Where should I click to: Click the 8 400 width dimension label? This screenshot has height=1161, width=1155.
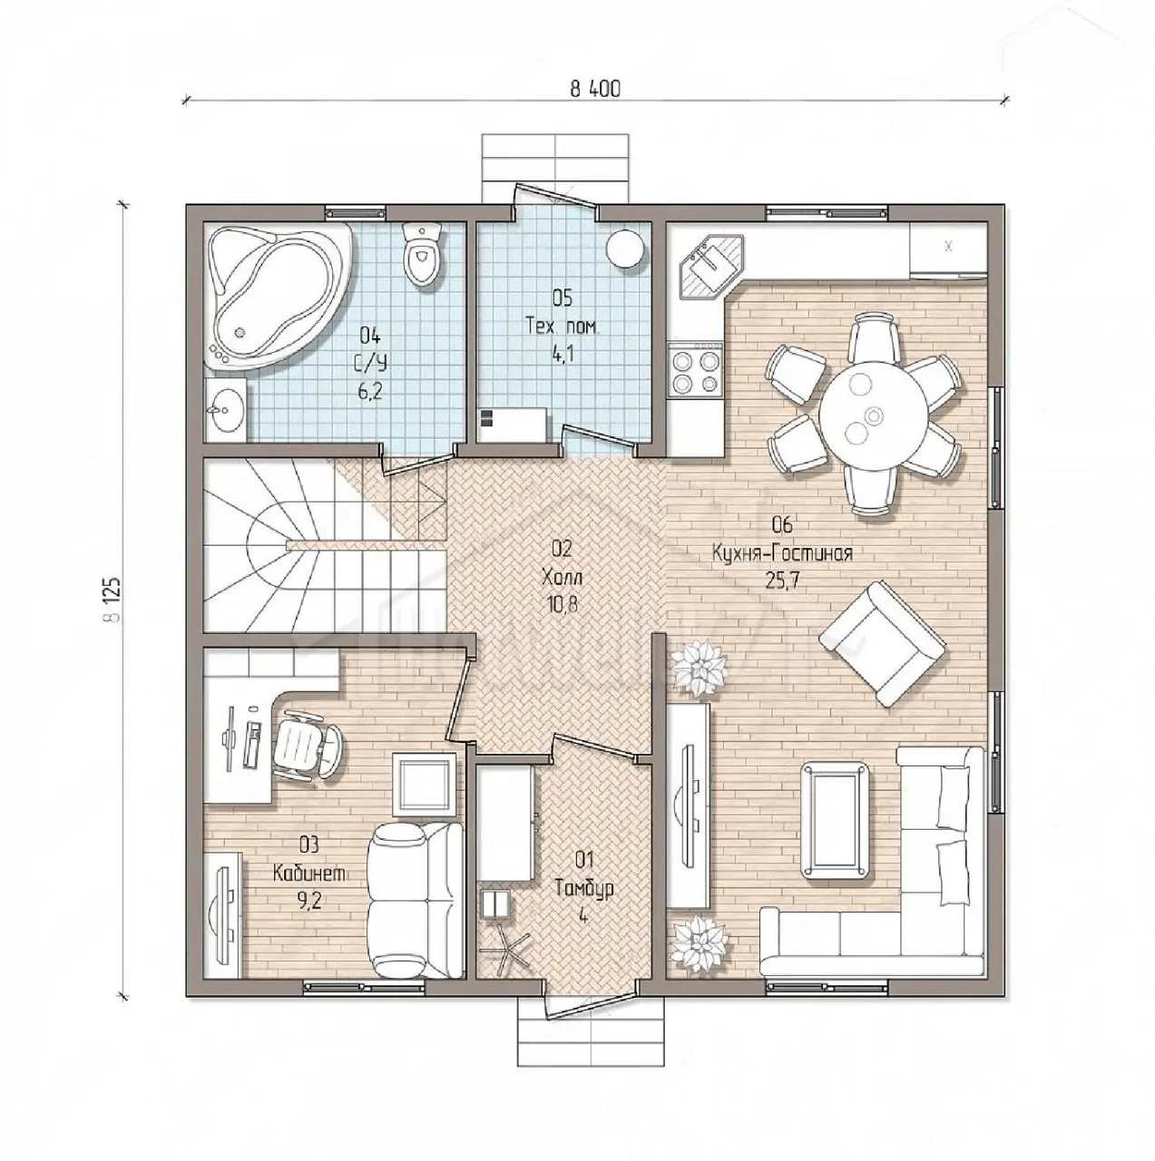click(x=594, y=89)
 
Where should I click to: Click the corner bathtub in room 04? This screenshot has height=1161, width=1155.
click(x=279, y=296)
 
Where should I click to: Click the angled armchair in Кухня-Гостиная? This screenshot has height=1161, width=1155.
click(x=883, y=643)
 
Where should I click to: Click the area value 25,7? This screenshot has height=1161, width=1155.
click(x=782, y=580)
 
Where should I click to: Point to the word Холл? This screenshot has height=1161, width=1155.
click(x=563, y=578)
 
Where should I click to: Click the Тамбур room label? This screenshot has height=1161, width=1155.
click(x=584, y=889)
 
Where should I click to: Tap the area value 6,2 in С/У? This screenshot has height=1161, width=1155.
click(x=370, y=392)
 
